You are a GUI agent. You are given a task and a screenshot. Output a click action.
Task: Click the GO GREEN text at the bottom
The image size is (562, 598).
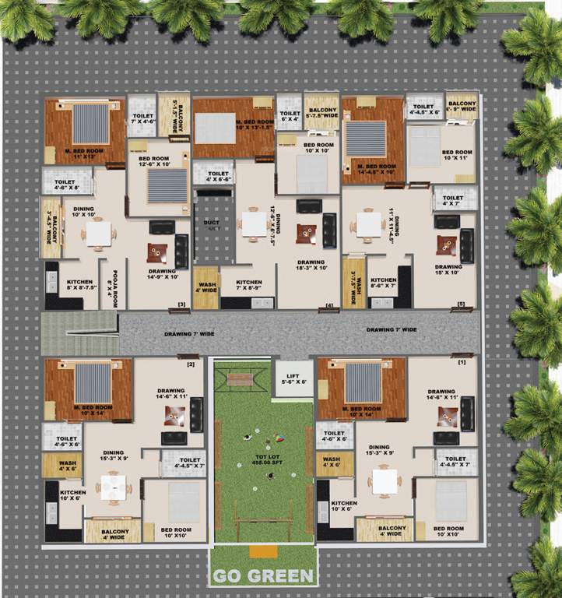coord(263,577)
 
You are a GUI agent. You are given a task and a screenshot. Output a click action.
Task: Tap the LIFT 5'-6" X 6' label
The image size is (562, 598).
coord(293,379)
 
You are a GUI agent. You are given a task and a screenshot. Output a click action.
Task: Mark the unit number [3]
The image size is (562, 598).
coord(181,304)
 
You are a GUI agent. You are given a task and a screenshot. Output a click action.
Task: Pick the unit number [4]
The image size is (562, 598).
coord(329,304)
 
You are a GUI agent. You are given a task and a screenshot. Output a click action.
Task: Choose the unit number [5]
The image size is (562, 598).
coord(461,304)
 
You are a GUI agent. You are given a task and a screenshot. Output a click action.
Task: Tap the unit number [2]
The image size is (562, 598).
coord(190,364)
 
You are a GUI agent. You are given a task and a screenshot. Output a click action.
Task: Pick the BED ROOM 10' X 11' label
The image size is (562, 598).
coord(457,155)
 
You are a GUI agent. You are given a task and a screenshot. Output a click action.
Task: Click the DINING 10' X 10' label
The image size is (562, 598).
coord(83,211)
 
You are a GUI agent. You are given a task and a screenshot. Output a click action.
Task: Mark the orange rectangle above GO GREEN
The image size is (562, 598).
coord(263,551)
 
